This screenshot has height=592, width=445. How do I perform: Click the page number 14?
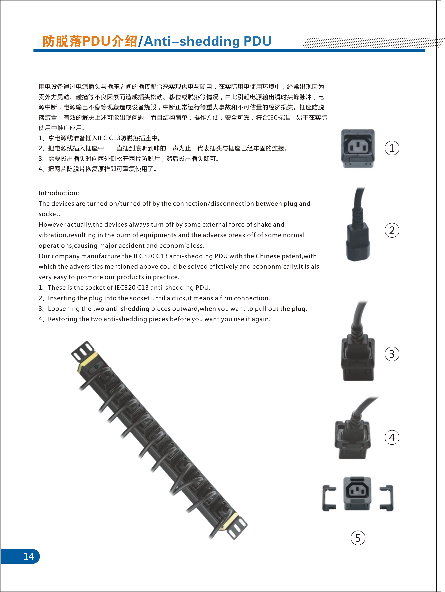coord(29,556)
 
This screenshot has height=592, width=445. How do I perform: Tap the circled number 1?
coord(392,148)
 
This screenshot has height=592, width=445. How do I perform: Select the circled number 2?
coord(392,230)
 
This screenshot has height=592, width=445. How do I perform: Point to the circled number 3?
coord(392,354)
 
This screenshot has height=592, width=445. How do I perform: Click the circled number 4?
coord(392,437)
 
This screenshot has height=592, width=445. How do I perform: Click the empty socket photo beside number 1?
coord(358,148)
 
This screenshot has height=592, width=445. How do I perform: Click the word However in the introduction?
coord(52,224)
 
